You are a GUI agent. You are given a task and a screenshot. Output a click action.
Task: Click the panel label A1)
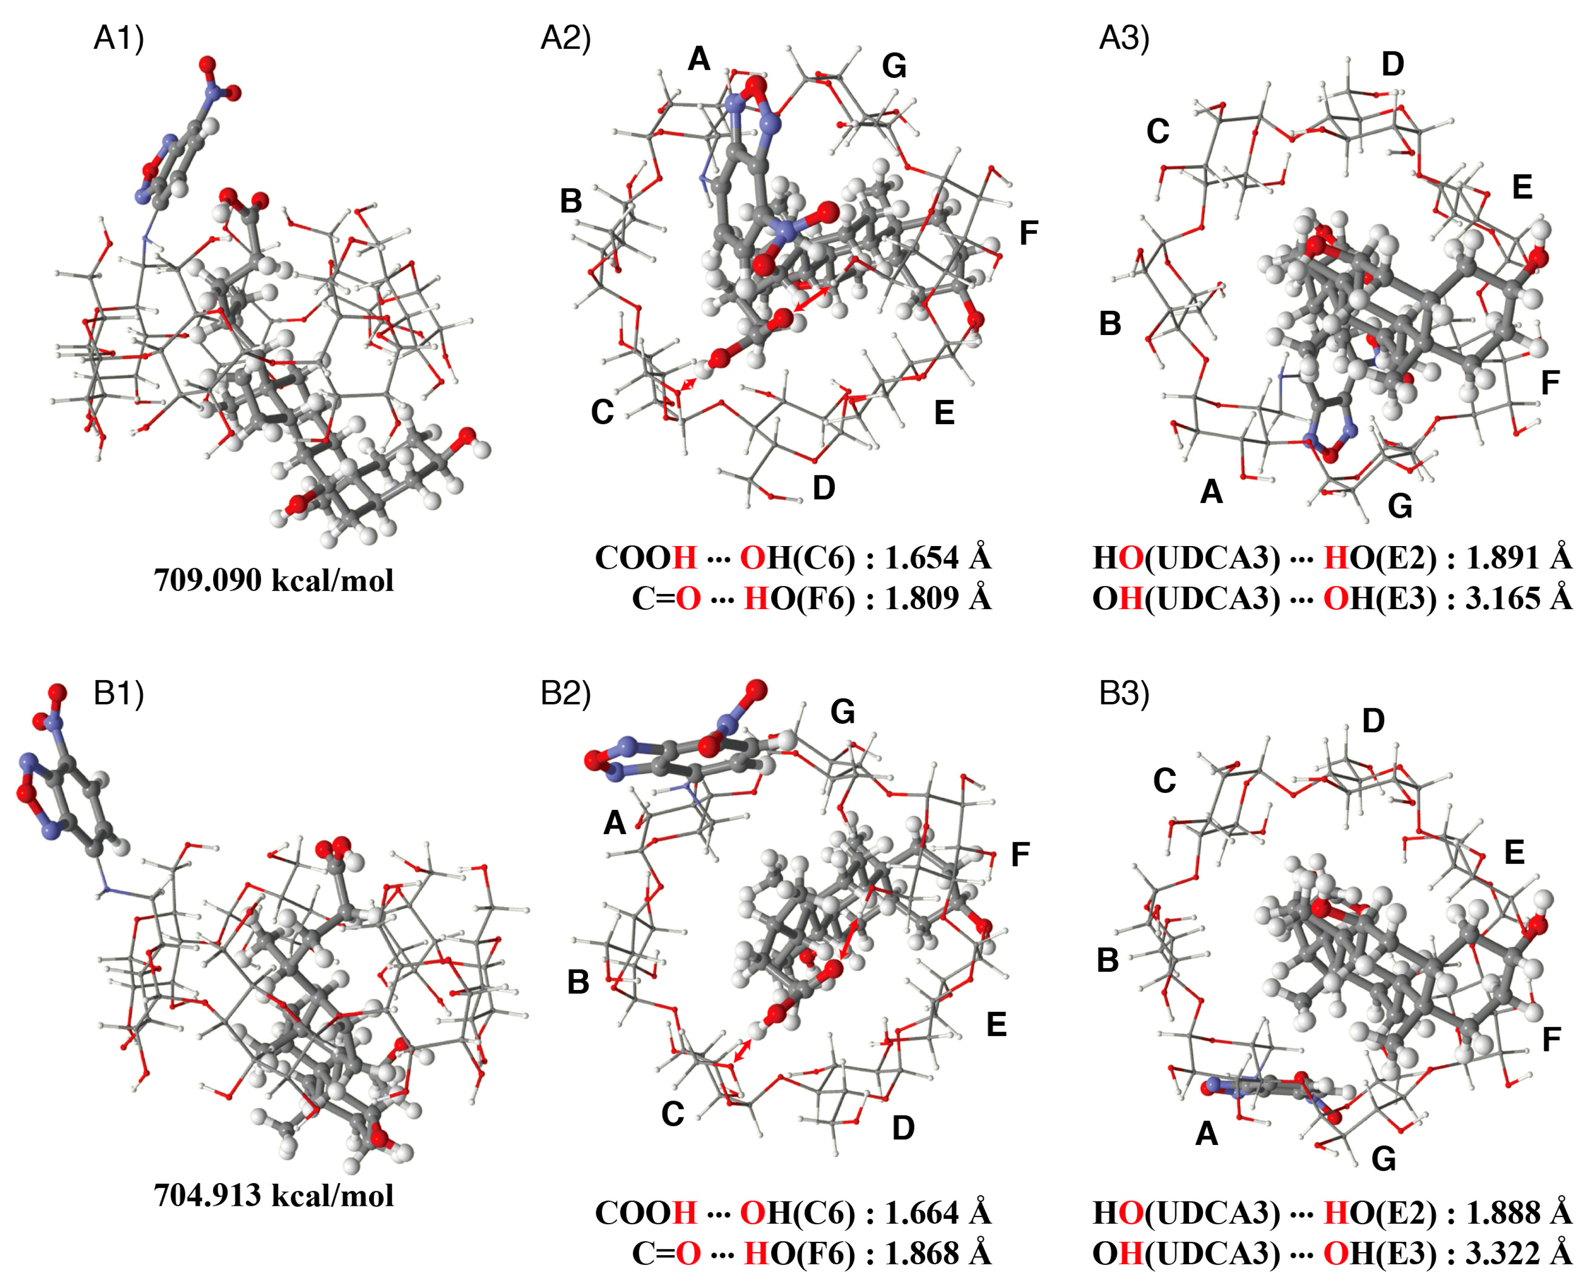point(119,37)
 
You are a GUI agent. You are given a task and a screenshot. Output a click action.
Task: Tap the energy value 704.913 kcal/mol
point(274,1195)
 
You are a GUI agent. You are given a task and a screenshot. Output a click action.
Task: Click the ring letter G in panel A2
point(894,67)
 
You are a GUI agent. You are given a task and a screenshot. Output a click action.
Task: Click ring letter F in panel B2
point(1020,855)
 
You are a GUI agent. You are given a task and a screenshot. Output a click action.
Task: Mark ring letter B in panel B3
point(1108,960)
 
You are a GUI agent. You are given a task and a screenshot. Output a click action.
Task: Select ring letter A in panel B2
point(614,822)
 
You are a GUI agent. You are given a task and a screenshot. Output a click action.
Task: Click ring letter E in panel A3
point(1522,187)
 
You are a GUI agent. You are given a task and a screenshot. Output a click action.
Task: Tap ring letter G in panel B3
point(1383,1158)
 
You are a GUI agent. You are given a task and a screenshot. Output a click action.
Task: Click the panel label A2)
point(566,37)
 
